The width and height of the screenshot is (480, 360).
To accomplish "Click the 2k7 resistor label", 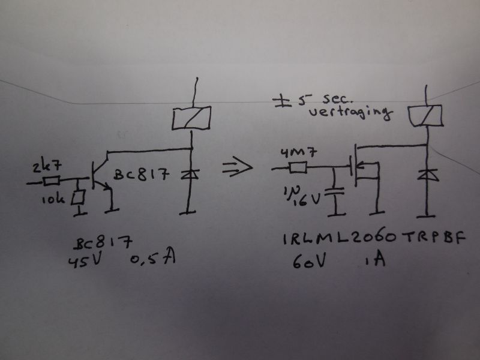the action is (x=47, y=167).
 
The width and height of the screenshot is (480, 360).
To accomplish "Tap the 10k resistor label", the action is (x=53, y=199).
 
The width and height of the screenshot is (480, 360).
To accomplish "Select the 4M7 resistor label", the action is (x=299, y=153).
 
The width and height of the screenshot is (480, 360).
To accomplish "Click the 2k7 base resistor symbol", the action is (x=52, y=181).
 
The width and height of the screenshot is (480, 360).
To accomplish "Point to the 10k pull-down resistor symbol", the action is (x=78, y=198).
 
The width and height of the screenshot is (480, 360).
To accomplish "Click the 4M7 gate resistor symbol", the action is (x=298, y=168).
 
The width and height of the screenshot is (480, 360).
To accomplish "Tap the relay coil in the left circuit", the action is (x=191, y=118).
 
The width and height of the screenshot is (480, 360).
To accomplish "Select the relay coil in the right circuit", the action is (x=426, y=115).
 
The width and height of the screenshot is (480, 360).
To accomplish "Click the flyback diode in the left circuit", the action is (x=190, y=175).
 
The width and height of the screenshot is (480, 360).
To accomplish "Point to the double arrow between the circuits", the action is (x=238, y=168).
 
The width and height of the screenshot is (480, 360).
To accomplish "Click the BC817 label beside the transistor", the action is (x=141, y=175).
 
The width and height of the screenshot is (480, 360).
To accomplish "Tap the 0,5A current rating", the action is (x=153, y=259).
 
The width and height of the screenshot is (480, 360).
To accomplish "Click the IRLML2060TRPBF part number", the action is (x=374, y=238).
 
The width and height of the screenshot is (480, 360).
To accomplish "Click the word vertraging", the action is (x=350, y=113).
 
